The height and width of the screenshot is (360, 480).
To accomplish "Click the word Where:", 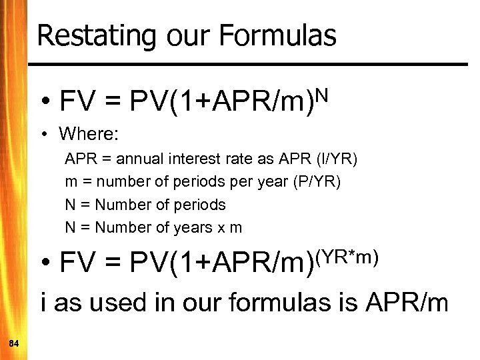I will pyautogui.click(x=89, y=134).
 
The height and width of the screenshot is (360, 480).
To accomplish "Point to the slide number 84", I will pyautogui.click(x=14, y=343).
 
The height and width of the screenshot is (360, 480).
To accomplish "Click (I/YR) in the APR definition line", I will pyautogui.click(x=336, y=159).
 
